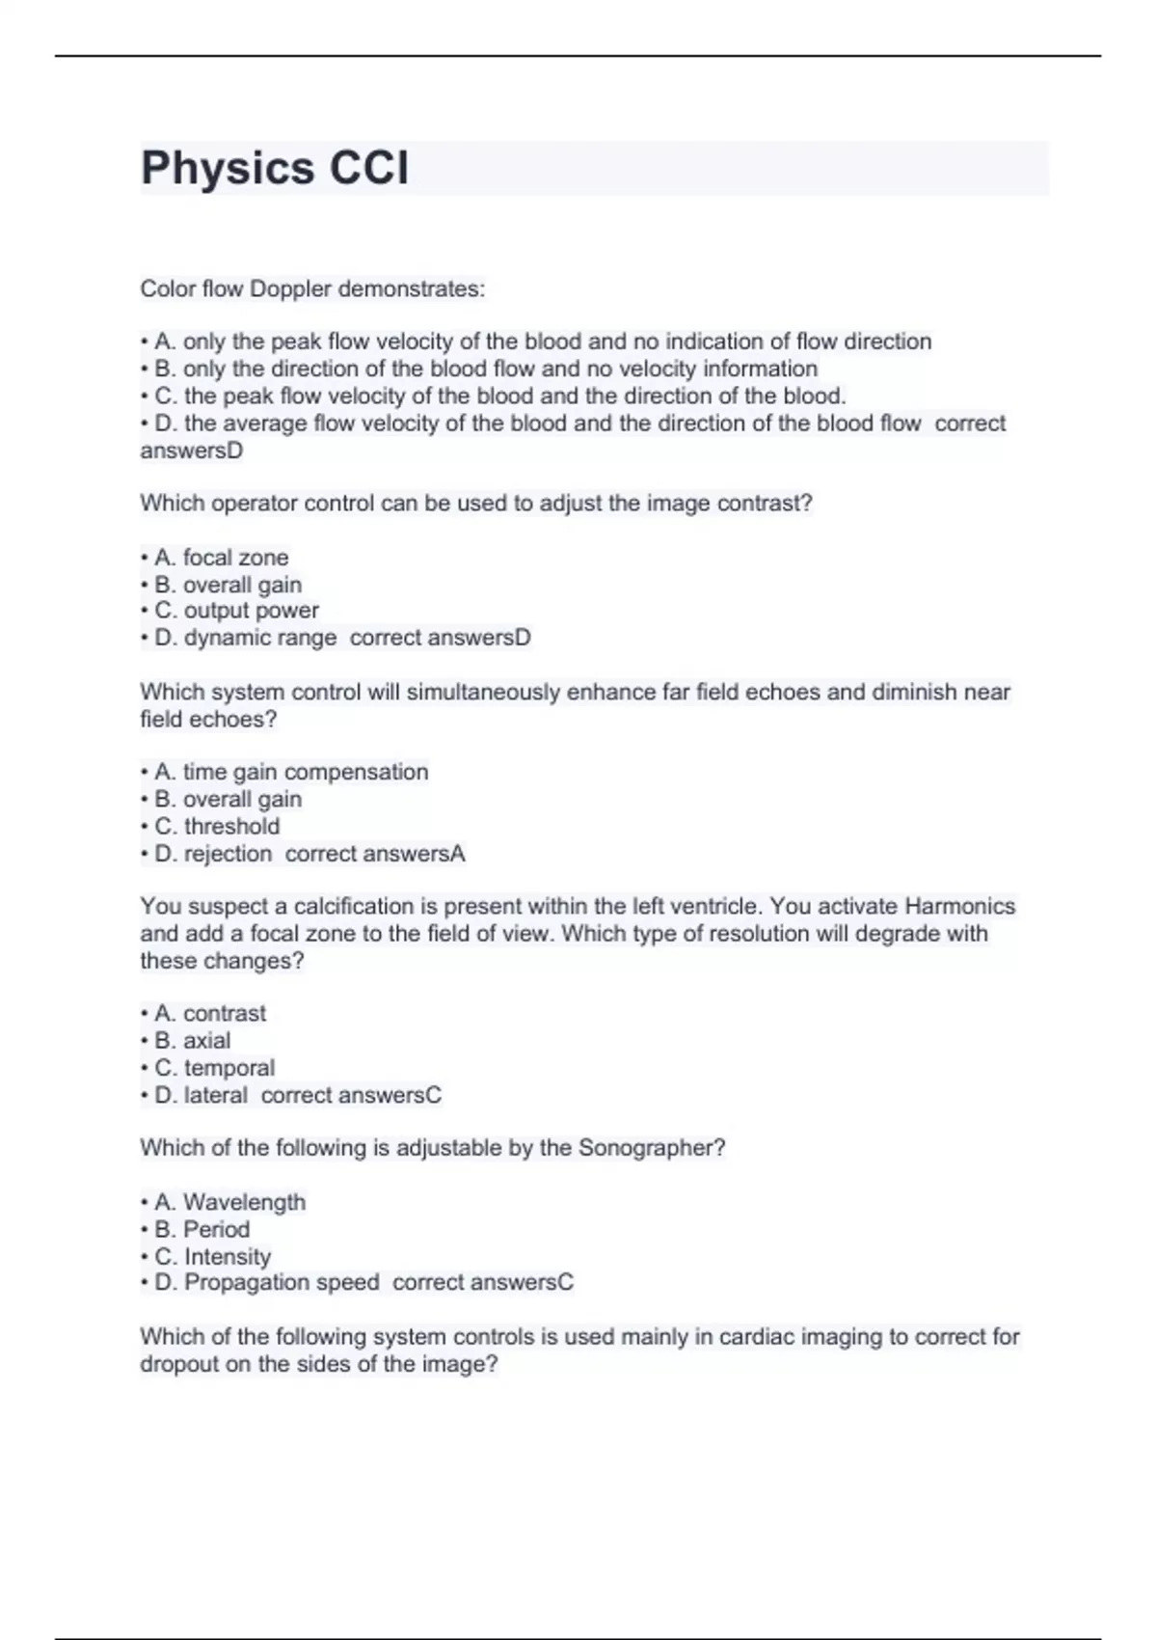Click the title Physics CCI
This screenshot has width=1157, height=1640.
275,168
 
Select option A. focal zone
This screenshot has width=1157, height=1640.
221,558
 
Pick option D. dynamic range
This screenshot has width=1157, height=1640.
245,638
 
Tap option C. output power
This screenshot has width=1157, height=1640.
236,611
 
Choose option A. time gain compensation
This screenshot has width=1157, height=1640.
291,772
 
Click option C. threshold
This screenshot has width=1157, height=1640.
217,827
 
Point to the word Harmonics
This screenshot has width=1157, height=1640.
959,907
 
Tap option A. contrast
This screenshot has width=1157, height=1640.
210,1013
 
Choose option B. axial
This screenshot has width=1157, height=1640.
193,1041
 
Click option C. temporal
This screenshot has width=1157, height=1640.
214,1068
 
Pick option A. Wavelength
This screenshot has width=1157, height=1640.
229,1202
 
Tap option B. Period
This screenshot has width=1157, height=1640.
202,1229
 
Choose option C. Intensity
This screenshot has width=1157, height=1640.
212,1257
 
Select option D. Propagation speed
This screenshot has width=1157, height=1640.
266,1282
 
